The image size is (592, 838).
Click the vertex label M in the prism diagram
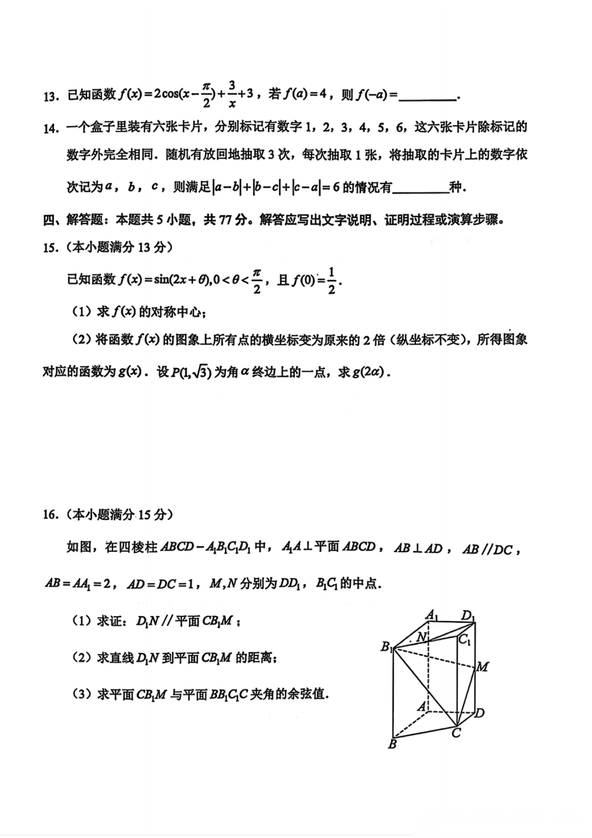point(483,667)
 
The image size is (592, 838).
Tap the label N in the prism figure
point(421,637)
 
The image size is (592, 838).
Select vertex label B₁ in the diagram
point(387,647)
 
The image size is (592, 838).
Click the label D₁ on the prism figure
point(468,616)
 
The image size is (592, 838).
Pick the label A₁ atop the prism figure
point(432,615)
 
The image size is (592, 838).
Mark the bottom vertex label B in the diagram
point(392,745)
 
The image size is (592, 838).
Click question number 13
point(50,97)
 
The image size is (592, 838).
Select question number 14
point(50,129)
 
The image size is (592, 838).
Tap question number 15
point(50,248)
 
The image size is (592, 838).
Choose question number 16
point(50,515)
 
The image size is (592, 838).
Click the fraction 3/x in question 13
point(232,94)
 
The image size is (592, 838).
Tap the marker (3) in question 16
point(82,694)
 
